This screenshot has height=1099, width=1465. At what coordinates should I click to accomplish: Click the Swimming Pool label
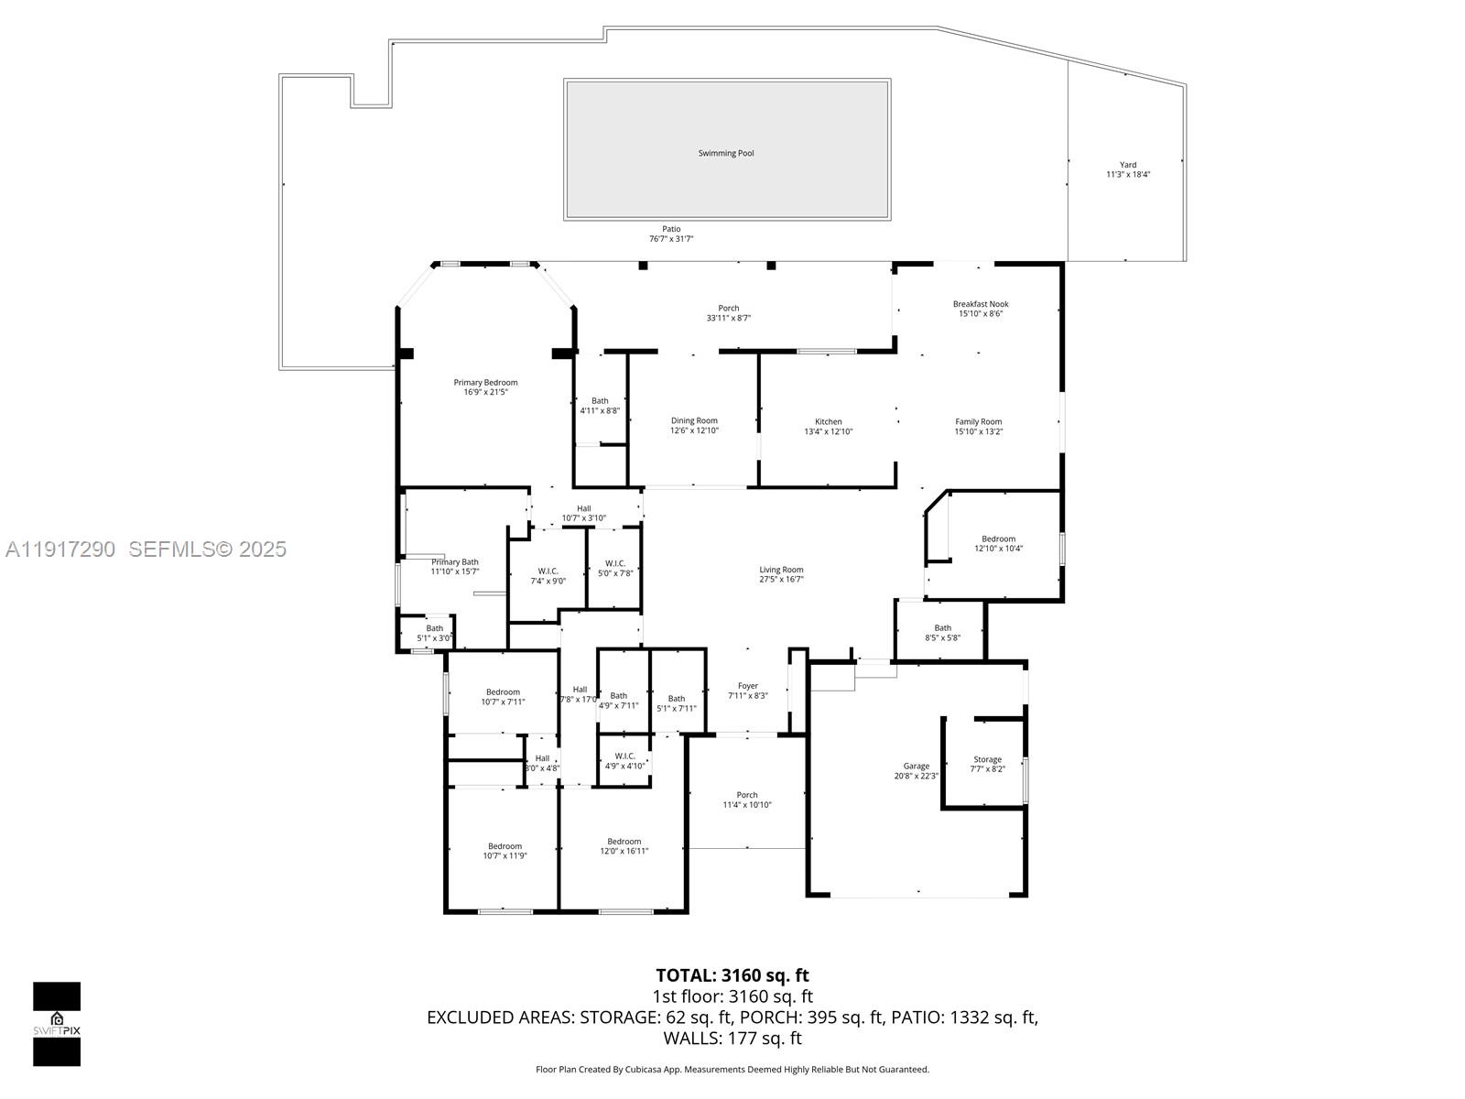[726, 153]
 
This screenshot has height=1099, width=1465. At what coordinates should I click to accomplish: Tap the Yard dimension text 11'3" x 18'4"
[1127, 174]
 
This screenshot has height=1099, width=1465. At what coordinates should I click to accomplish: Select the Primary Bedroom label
[485, 383]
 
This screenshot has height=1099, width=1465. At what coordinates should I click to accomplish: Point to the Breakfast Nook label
[981, 304]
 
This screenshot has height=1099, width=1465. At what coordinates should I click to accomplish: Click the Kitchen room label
[828, 422]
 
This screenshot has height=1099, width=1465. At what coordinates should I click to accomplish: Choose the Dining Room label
[694, 421]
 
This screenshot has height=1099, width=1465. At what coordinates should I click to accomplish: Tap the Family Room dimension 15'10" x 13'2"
[979, 431]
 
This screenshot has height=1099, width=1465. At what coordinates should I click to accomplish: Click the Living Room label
[781, 570]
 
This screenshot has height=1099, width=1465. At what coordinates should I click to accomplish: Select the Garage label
[916, 766]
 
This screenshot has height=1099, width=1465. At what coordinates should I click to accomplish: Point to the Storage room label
[987, 759]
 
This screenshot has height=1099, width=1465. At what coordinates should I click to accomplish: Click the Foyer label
[748, 686]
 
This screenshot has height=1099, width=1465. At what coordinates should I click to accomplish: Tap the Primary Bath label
[455, 562]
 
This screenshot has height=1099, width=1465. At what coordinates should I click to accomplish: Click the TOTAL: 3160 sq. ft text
[732, 975]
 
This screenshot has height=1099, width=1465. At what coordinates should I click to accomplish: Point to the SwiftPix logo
[57, 1024]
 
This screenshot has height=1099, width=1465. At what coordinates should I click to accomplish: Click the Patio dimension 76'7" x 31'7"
[671, 239]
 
